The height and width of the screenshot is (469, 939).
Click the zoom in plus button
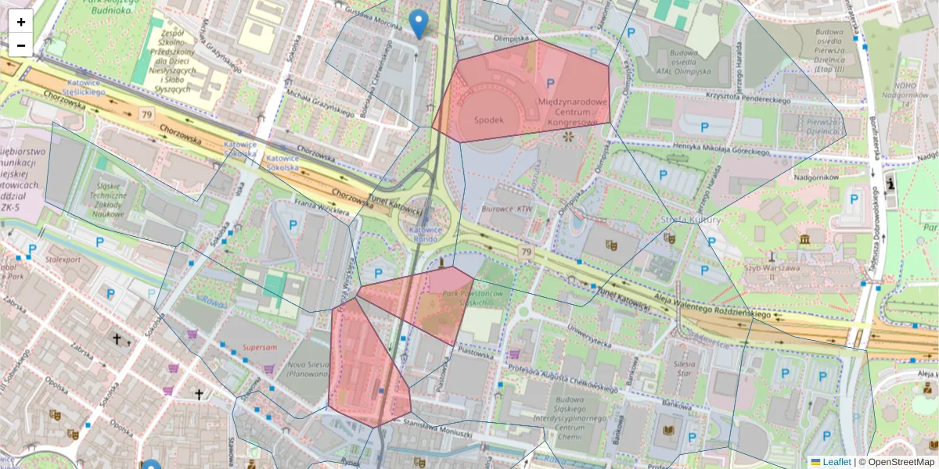[20, 22]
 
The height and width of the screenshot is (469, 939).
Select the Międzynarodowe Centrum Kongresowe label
[573, 112]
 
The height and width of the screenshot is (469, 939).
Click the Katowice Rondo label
[426, 235]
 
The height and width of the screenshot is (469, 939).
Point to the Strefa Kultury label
[690, 220]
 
